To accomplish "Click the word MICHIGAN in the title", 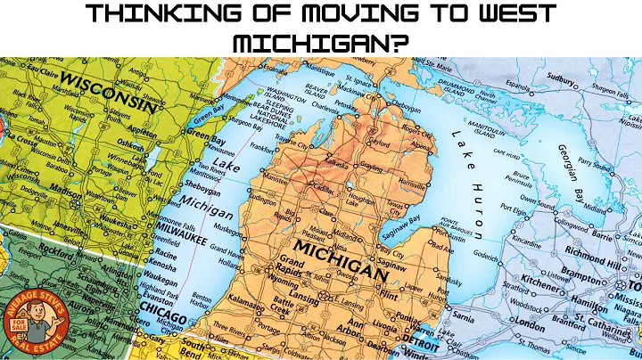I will pos(320,43).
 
